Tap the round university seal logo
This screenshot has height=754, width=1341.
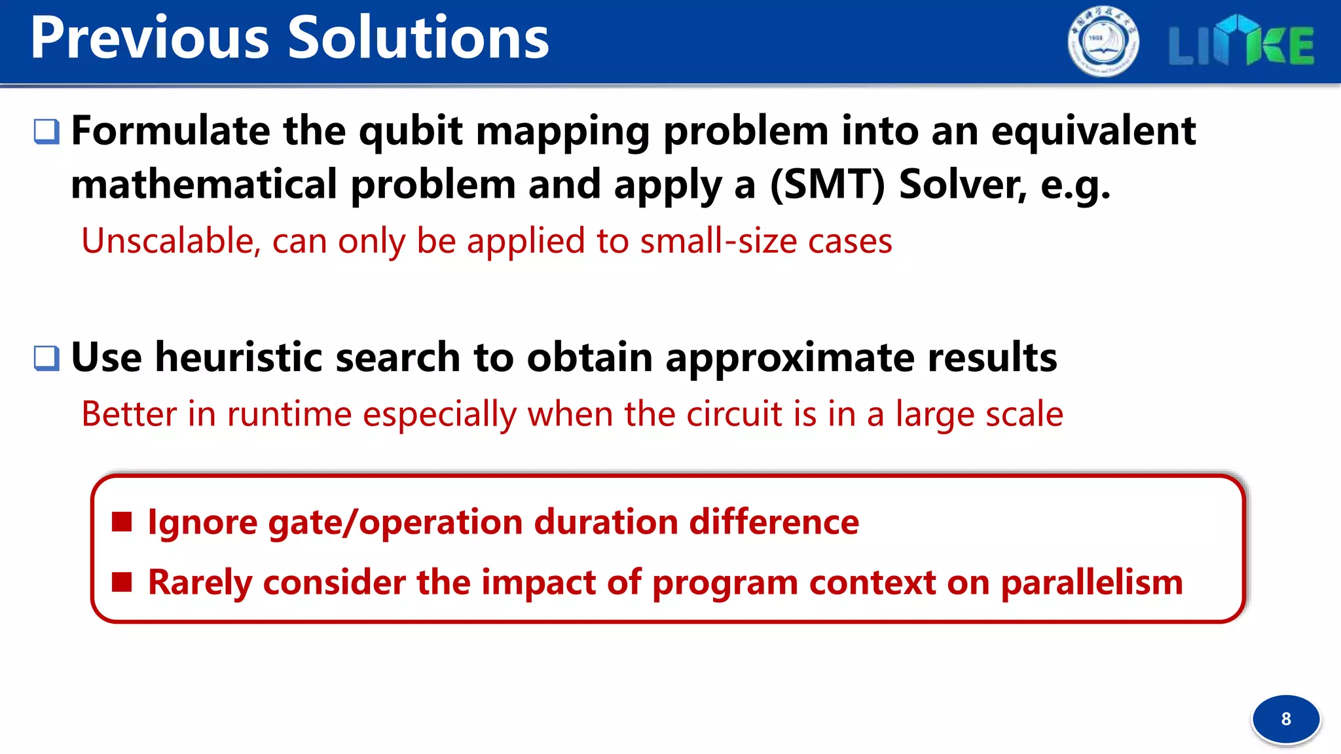click(1103, 42)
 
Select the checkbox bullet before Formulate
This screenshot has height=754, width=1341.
click(46, 132)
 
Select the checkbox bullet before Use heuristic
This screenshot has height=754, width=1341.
click(46, 358)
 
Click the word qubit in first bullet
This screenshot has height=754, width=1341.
click(411, 131)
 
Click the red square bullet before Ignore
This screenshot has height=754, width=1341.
click(122, 522)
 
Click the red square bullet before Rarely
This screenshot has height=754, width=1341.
click(122, 582)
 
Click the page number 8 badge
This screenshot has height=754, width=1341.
click(1285, 719)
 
